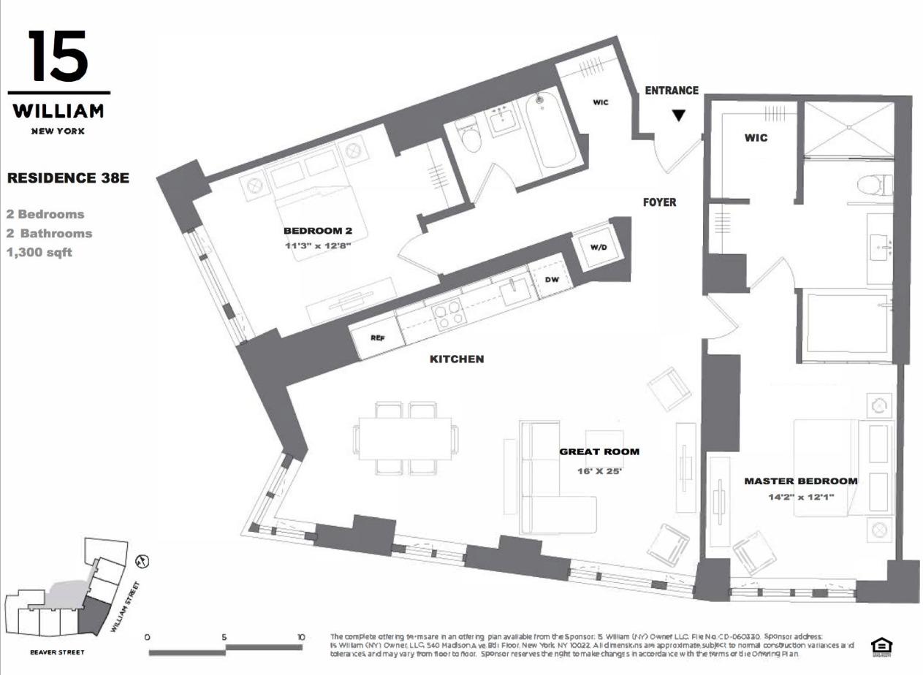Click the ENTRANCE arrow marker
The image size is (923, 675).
[679, 115]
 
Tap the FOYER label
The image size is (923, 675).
[660, 202]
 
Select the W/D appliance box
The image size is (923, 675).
[599, 247]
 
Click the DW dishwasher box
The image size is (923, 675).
[552, 279]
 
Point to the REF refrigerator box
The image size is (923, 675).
[377, 338]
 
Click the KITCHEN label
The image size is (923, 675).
[457, 359]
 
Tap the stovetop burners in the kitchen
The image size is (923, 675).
[447, 313]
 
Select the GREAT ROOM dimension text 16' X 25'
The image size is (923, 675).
[599, 471]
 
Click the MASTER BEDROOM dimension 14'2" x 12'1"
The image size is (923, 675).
[801, 497]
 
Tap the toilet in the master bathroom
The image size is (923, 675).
[873, 183]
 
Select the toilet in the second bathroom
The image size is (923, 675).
[471, 136]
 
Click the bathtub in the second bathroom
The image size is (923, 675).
[550, 131]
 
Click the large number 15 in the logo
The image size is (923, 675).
[58, 57]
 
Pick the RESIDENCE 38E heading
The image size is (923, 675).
[68, 178]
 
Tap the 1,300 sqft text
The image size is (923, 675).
[39, 253]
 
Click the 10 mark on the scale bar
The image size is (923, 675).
[301, 637]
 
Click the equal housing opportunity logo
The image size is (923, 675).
[880, 646]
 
